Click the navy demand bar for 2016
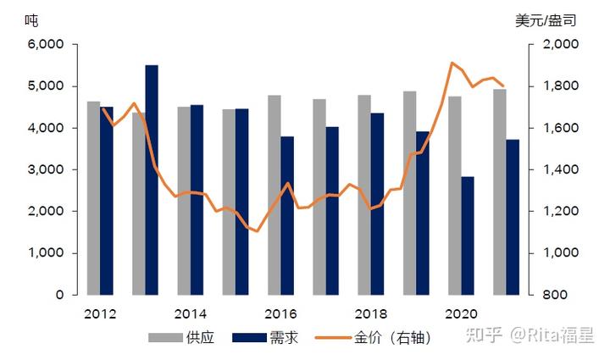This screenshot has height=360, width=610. (x=287, y=215)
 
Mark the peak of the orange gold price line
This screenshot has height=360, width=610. (x=452, y=63)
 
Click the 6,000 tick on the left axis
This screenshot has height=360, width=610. (x=47, y=44)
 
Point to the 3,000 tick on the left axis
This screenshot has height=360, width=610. (x=47, y=169)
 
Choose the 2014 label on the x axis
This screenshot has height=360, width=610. (x=191, y=313)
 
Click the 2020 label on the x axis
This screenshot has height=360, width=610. (x=460, y=313)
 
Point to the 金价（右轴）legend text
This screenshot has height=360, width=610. (x=397, y=337)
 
